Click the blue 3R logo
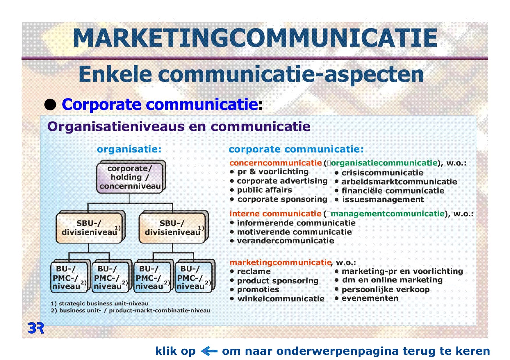coord(36,328)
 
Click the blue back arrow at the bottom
coord(209,351)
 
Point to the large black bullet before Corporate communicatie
coord(50,105)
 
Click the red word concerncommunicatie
coord(275,163)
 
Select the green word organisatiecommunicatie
coord(384,163)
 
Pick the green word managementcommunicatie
coord(388,214)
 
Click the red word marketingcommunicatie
coord(280,263)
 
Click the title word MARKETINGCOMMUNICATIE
coord(255,38)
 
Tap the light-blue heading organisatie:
coord(129,149)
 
